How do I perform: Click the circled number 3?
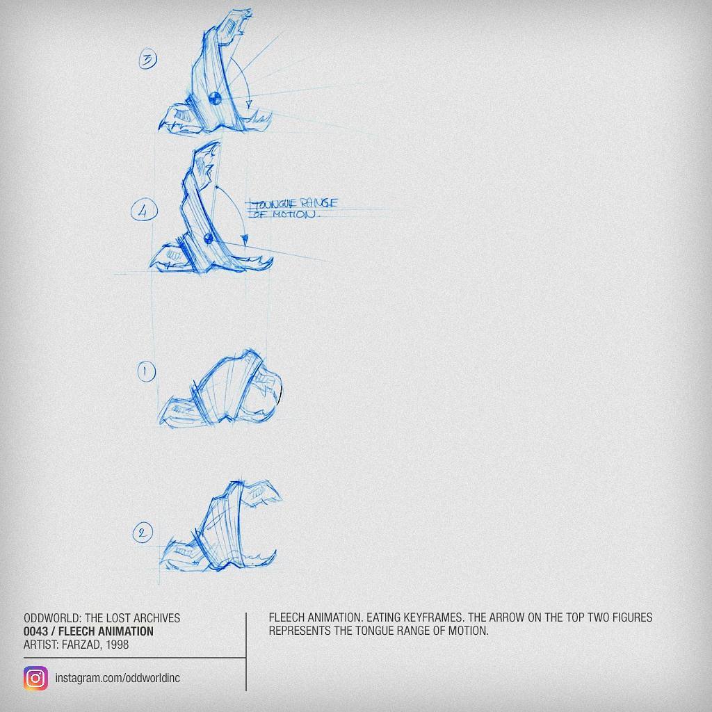point(147,60)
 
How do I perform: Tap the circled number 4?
point(145,211)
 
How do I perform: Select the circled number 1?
point(146,371)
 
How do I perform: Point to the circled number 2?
point(143,532)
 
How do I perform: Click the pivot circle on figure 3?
point(215,98)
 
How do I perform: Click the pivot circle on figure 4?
point(209,238)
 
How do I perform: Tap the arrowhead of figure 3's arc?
point(248,105)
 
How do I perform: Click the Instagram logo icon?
point(35,679)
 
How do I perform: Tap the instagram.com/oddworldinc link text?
point(118,678)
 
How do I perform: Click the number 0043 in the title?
point(35,631)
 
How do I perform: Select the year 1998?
point(117,645)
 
